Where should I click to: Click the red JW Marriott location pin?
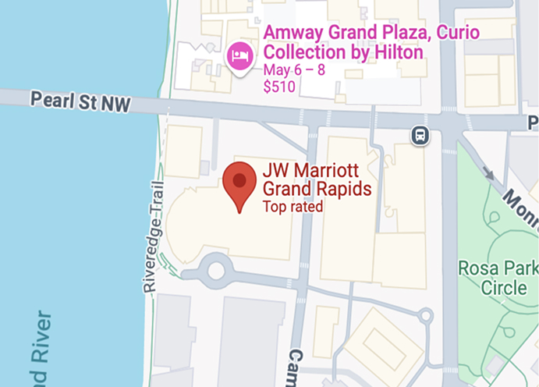tap(239, 183)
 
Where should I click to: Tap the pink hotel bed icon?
tap(239, 56)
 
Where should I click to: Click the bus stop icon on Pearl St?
tap(420, 136)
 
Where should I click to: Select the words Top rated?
tap(293, 207)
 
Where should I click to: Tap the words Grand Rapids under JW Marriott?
tap(316, 190)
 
